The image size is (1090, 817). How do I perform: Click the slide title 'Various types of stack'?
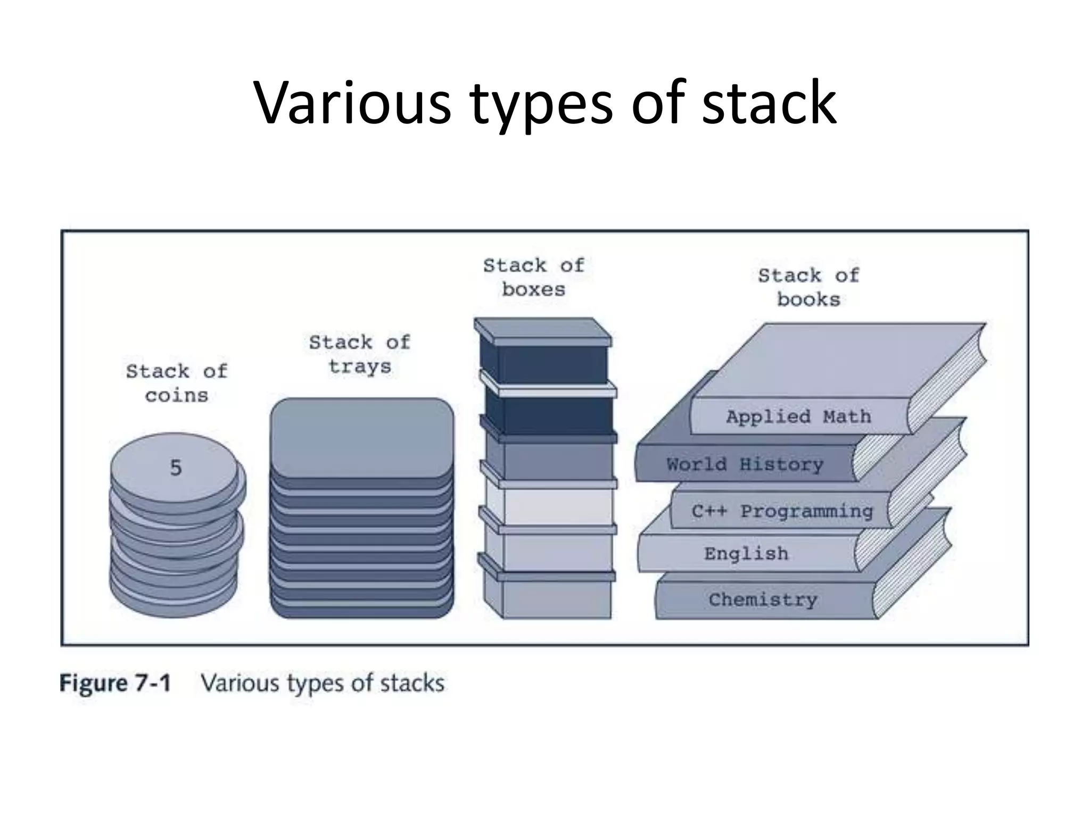click(545, 102)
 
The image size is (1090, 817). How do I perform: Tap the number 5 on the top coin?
click(176, 468)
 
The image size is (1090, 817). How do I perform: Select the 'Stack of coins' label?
click(177, 383)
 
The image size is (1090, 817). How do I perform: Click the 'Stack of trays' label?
click(360, 354)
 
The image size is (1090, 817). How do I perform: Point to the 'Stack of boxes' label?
click(533, 277)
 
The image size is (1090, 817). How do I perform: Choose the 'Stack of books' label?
click(808, 287)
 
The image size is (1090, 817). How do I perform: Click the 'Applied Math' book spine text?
click(798, 416)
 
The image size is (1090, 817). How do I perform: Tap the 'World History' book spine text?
click(745, 464)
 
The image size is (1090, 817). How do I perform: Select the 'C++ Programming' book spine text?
click(782, 511)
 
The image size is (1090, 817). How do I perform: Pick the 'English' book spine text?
click(746, 554)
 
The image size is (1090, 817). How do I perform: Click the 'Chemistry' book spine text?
click(763, 600)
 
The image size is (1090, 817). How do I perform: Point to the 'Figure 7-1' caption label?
click(115, 683)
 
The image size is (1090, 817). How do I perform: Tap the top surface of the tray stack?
click(362, 436)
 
